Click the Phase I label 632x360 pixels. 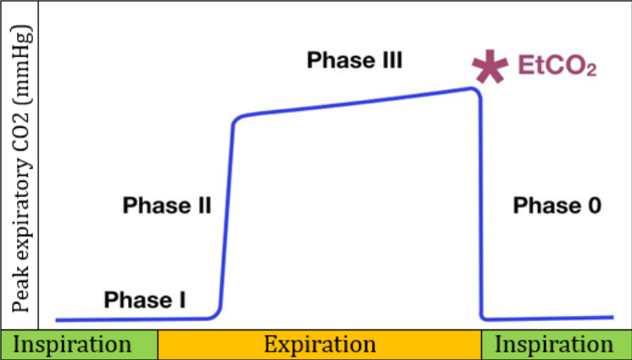[x=145, y=299]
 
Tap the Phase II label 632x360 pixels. [x=167, y=205]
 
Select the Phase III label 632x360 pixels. [x=354, y=60]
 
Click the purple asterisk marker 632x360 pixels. [x=489, y=67]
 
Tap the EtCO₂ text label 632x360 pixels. [x=557, y=67]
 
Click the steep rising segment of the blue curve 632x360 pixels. [x=227, y=212]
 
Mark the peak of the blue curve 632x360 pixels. [x=472, y=88]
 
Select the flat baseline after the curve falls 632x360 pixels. [x=551, y=318]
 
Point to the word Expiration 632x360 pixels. [x=319, y=345]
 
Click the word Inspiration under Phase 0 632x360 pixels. [x=556, y=345]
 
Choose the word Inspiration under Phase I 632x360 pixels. [x=75, y=345]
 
